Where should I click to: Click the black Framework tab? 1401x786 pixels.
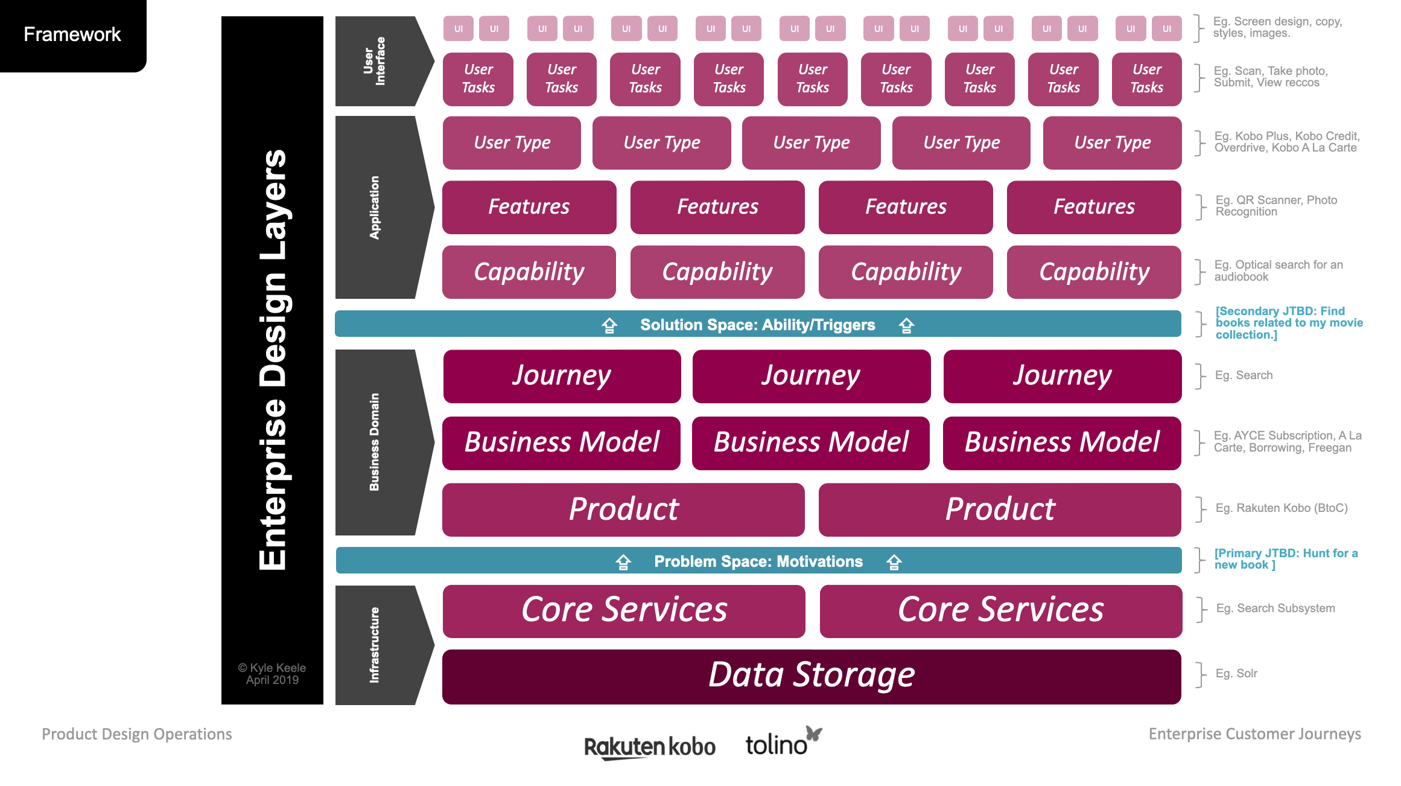pyautogui.click(x=72, y=34)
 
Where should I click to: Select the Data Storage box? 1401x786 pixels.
pyautogui.click(x=812, y=676)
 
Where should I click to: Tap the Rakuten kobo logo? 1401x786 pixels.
pyautogui.click(x=649, y=747)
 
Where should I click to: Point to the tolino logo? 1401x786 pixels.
pyautogui.click(x=783, y=743)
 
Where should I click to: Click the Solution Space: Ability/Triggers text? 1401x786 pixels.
pyautogui.click(x=757, y=325)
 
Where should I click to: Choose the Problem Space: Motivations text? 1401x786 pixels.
pyautogui.click(x=758, y=561)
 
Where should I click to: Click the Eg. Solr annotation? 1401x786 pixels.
pyautogui.click(x=1236, y=673)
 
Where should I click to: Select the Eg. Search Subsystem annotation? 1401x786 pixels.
pyautogui.click(x=1275, y=608)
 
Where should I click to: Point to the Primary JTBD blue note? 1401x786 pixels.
pyautogui.click(x=1285, y=559)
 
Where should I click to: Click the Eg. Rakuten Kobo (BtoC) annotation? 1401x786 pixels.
pyautogui.click(x=1281, y=508)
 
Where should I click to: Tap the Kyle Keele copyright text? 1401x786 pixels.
pyautogui.click(x=272, y=674)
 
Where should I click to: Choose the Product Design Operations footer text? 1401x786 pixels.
pyautogui.click(x=137, y=734)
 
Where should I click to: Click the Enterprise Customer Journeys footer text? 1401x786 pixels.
pyautogui.click(x=1254, y=734)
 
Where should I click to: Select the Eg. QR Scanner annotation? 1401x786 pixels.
pyautogui.click(x=1276, y=206)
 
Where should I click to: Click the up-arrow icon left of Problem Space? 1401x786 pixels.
pyautogui.click(x=623, y=562)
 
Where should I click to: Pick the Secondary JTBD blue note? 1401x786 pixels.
pyautogui.click(x=1288, y=323)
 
